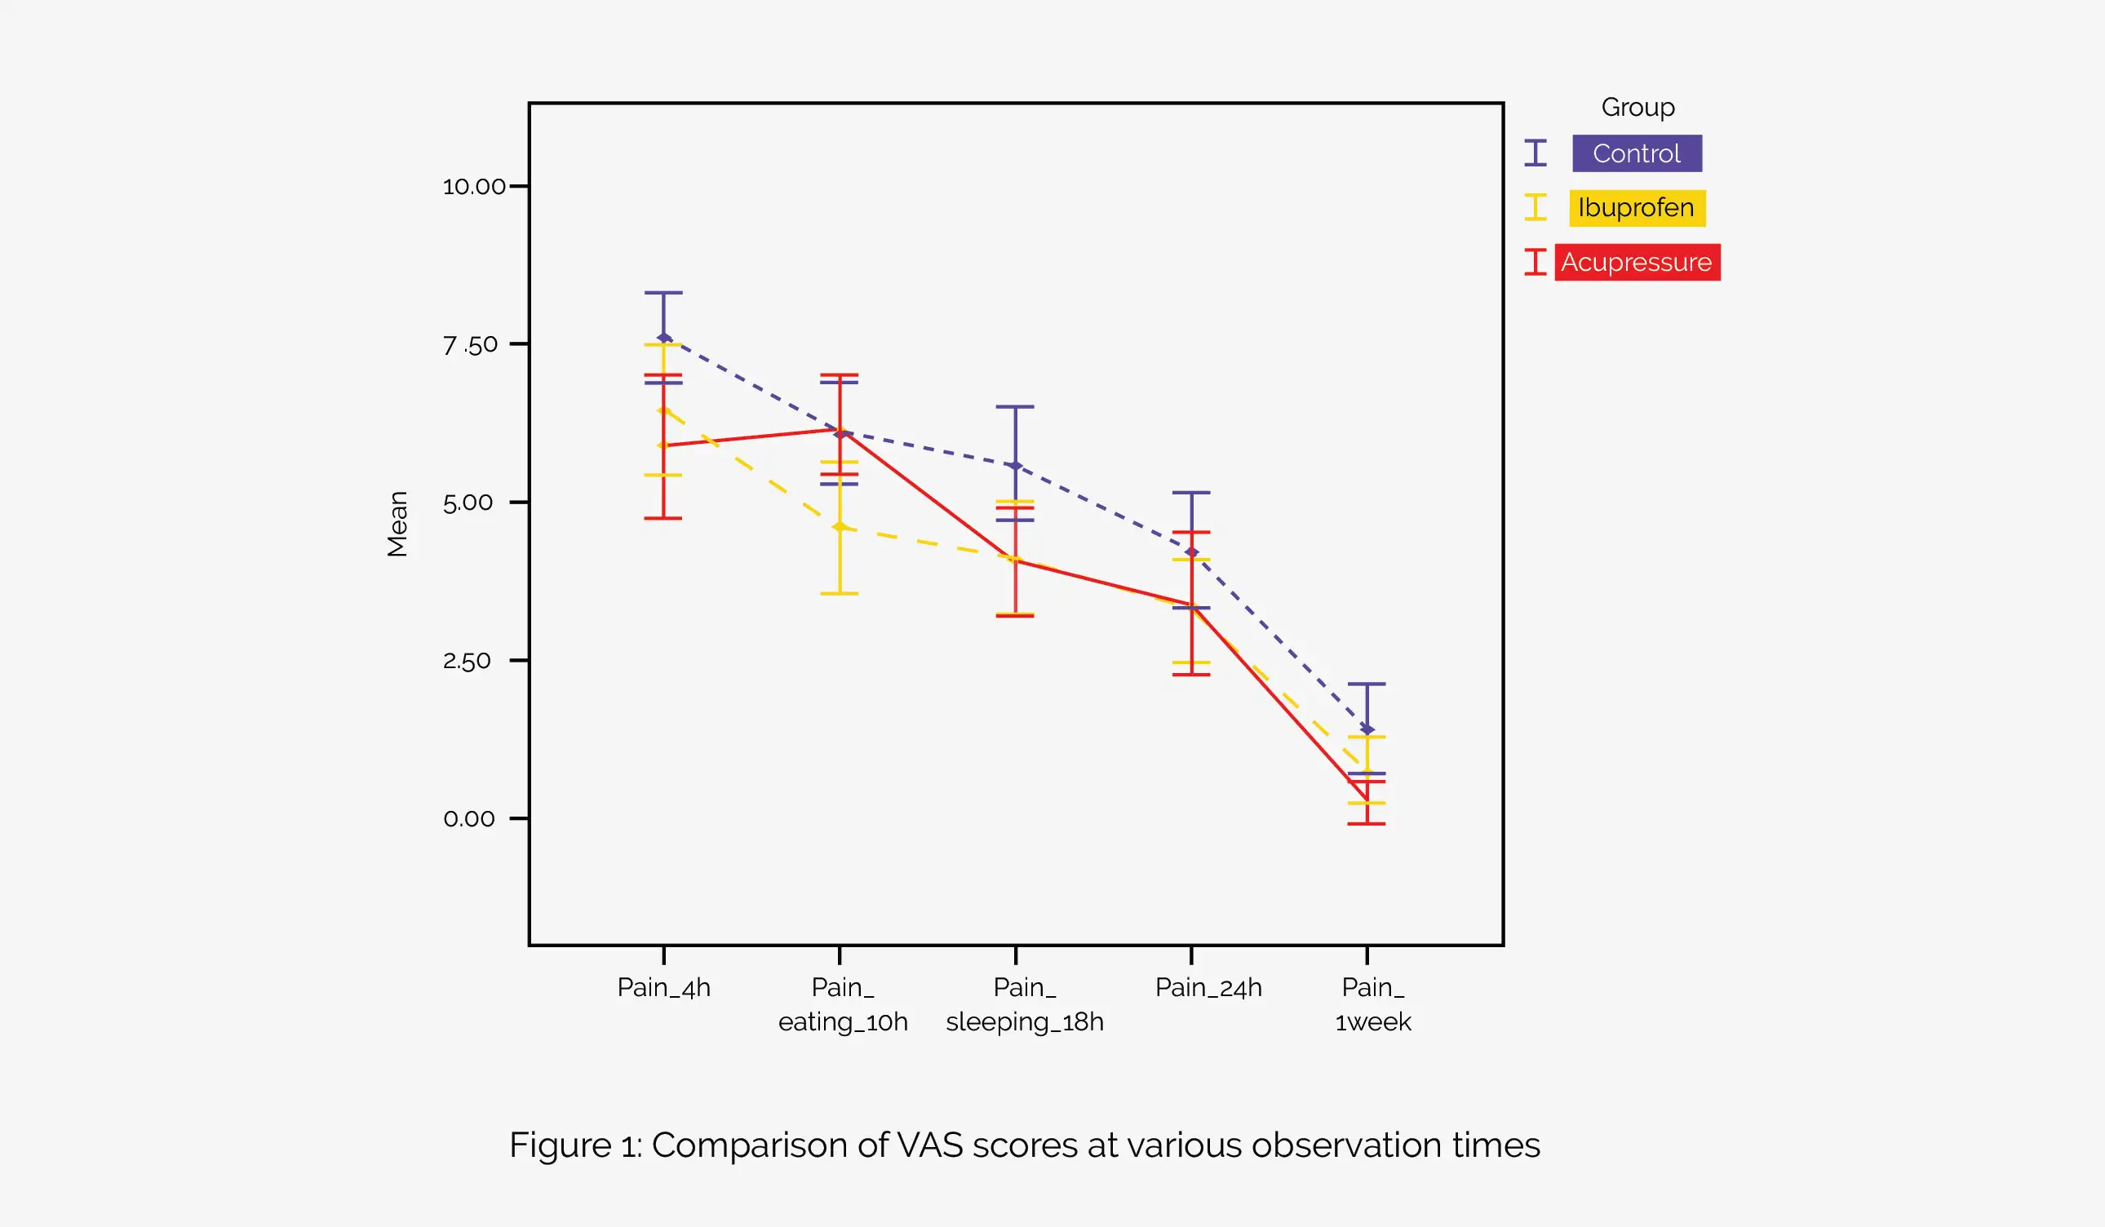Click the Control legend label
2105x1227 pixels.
click(x=1637, y=153)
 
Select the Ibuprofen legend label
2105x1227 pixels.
click(x=1637, y=208)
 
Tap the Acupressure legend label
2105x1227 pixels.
click(x=1637, y=262)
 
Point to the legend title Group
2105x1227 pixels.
click(x=1637, y=108)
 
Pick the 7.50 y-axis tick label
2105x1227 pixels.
click(x=470, y=344)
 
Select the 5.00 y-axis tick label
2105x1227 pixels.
click(x=468, y=503)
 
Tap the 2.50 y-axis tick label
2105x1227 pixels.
click(x=467, y=661)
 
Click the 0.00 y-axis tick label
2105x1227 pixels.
click(x=468, y=818)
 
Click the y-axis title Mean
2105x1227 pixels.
click(x=397, y=524)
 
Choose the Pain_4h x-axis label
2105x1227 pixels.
click(x=663, y=988)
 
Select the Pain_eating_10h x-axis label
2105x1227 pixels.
click(x=842, y=1005)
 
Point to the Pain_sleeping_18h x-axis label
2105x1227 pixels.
click(x=1024, y=1005)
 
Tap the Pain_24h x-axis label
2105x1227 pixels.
click(x=1208, y=988)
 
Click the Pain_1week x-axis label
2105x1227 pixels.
click(x=1372, y=1005)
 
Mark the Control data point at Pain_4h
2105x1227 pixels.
click(x=664, y=339)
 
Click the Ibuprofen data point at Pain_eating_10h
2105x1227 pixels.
click(x=840, y=527)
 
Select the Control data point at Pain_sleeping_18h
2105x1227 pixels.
click(x=1016, y=466)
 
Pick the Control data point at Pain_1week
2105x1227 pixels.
click(x=1367, y=730)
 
